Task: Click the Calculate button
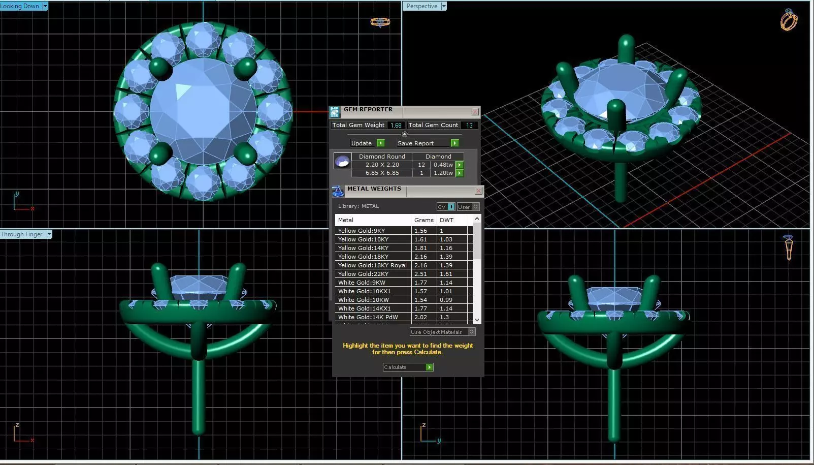point(408,367)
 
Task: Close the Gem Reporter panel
point(475,111)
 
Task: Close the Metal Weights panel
point(478,191)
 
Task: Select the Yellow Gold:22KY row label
point(363,274)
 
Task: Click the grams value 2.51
point(420,274)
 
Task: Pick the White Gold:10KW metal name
point(363,300)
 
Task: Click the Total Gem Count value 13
point(469,125)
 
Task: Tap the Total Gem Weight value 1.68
point(396,125)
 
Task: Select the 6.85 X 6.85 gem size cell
point(382,173)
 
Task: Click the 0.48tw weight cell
point(443,165)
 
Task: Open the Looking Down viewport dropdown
point(45,6)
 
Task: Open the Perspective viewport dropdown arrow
point(444,6)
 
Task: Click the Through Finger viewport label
point(22,234)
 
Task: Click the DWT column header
point(446,220)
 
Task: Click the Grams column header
point(424,220)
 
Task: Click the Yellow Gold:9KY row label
point(362,231)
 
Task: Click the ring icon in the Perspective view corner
point(789,20)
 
